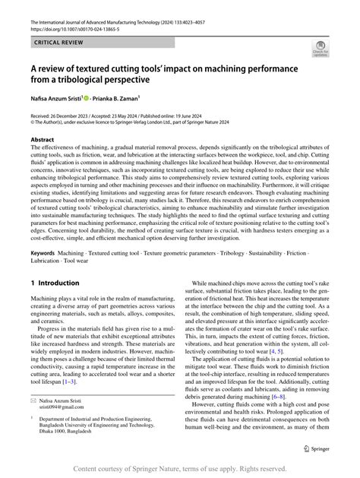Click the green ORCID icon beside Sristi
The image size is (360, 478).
click(87, 97)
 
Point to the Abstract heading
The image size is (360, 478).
click(42, 141)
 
